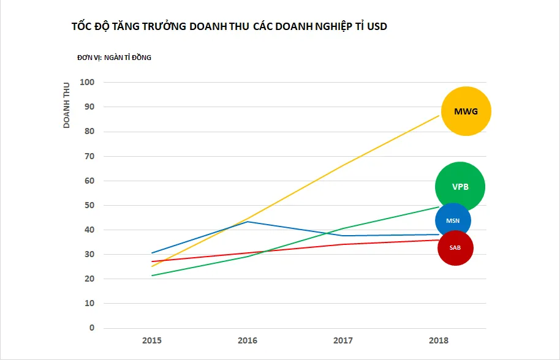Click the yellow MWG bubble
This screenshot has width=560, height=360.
click(x=466, y=111)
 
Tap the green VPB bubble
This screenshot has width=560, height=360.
click(x=460, y=187)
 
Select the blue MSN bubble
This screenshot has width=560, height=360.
click(x=453, y=220)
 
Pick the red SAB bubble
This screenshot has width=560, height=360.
click(x=455, y=248)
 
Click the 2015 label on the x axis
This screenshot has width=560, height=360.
click(x=152, y=340)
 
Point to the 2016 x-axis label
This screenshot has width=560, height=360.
click(x=248, y=340)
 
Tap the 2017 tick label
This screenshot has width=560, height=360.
click(x=343, y=340)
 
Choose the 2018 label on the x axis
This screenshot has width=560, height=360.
click(x=439, y=340)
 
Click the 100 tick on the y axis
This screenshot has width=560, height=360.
click(x=88, y=82)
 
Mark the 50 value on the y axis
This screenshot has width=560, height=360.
click(x=90, y=205)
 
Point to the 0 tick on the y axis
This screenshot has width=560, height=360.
click(x=92, y=328)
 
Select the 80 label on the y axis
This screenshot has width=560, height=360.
click(x=90, y=131)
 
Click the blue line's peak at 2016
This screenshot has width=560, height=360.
click(x=248, y=222)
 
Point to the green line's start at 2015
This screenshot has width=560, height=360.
click(x=152, y=276)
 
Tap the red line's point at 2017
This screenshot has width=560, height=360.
click(x=343, y=244)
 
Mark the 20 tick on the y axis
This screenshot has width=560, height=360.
click(x=90, y=279)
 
